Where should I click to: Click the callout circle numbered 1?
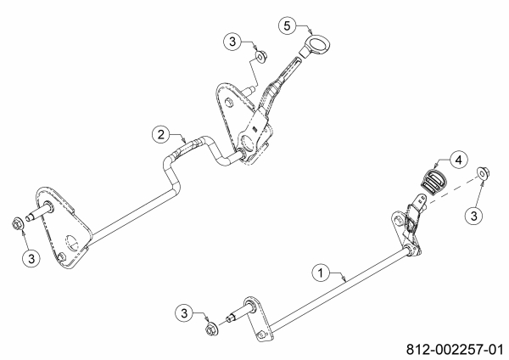point(320,273)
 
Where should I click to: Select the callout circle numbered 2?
point(159,133)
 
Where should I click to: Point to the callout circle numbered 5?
point(289,25)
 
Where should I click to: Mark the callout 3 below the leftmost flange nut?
point(30,257)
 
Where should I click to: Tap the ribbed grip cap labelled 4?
point(433,180)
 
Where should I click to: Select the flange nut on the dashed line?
point(482,174)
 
